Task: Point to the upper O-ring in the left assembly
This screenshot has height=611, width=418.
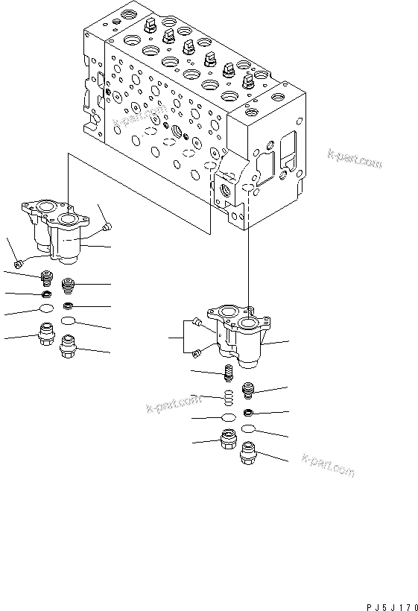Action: click(x=45, y=309)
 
